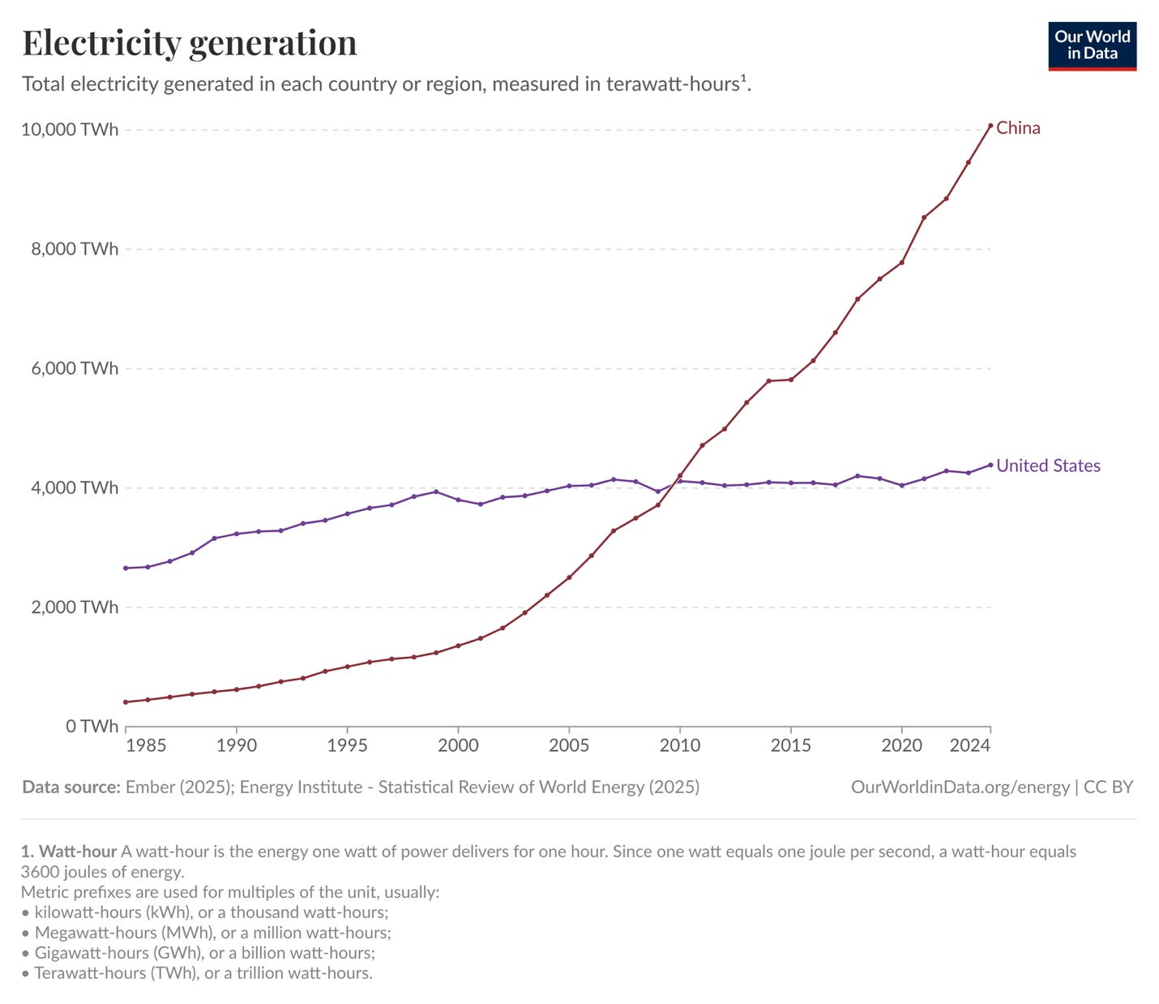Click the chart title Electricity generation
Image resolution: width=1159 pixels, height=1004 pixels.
click(190, 43)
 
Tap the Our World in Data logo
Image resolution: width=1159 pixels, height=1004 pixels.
click(1092, 46)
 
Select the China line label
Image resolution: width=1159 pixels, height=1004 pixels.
click(1018, 128)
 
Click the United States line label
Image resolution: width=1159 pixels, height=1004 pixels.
click(1048, 466)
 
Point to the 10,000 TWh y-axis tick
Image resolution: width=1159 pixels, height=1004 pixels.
click(70, 130)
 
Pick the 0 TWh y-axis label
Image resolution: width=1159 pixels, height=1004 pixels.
click(92, 726)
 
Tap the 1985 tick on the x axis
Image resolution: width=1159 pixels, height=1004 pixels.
click(147, 745)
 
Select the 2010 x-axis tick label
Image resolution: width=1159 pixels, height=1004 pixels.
click(679, 745)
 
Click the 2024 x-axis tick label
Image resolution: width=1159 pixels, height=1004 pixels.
click(969, 745)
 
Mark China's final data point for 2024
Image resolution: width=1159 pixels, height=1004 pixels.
click(990, 126)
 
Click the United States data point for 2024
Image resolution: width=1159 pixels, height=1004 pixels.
click(990, 465)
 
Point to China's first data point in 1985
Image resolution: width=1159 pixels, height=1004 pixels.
click(126, 702)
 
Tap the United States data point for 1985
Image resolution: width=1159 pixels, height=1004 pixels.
click(126, 568)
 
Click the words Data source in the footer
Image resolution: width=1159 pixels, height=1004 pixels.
click(71, 787)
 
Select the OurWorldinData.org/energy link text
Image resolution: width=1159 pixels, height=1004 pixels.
click(960, 787)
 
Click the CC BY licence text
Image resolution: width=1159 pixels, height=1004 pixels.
click(1108, 787)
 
